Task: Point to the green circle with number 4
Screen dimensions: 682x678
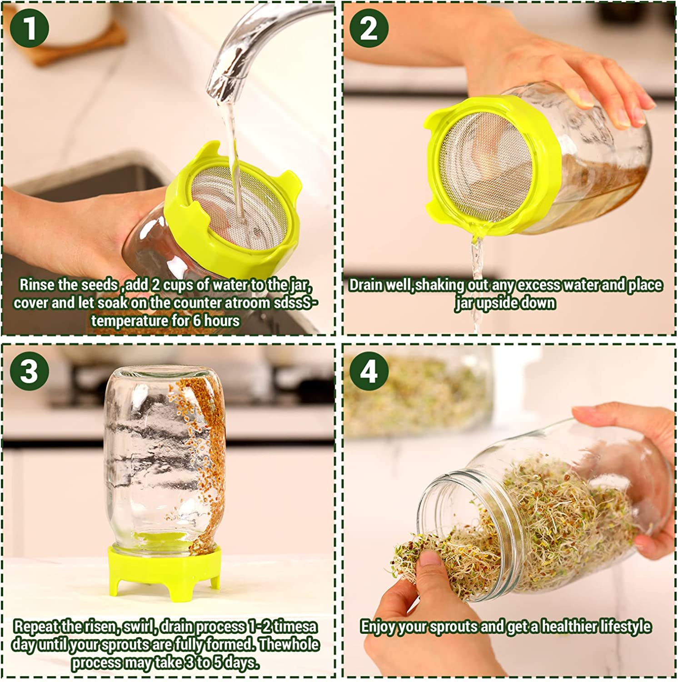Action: (369, 371)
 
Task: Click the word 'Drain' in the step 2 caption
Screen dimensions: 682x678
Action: (366, 285)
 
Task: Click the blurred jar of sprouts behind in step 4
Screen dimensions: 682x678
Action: (418, 396)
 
